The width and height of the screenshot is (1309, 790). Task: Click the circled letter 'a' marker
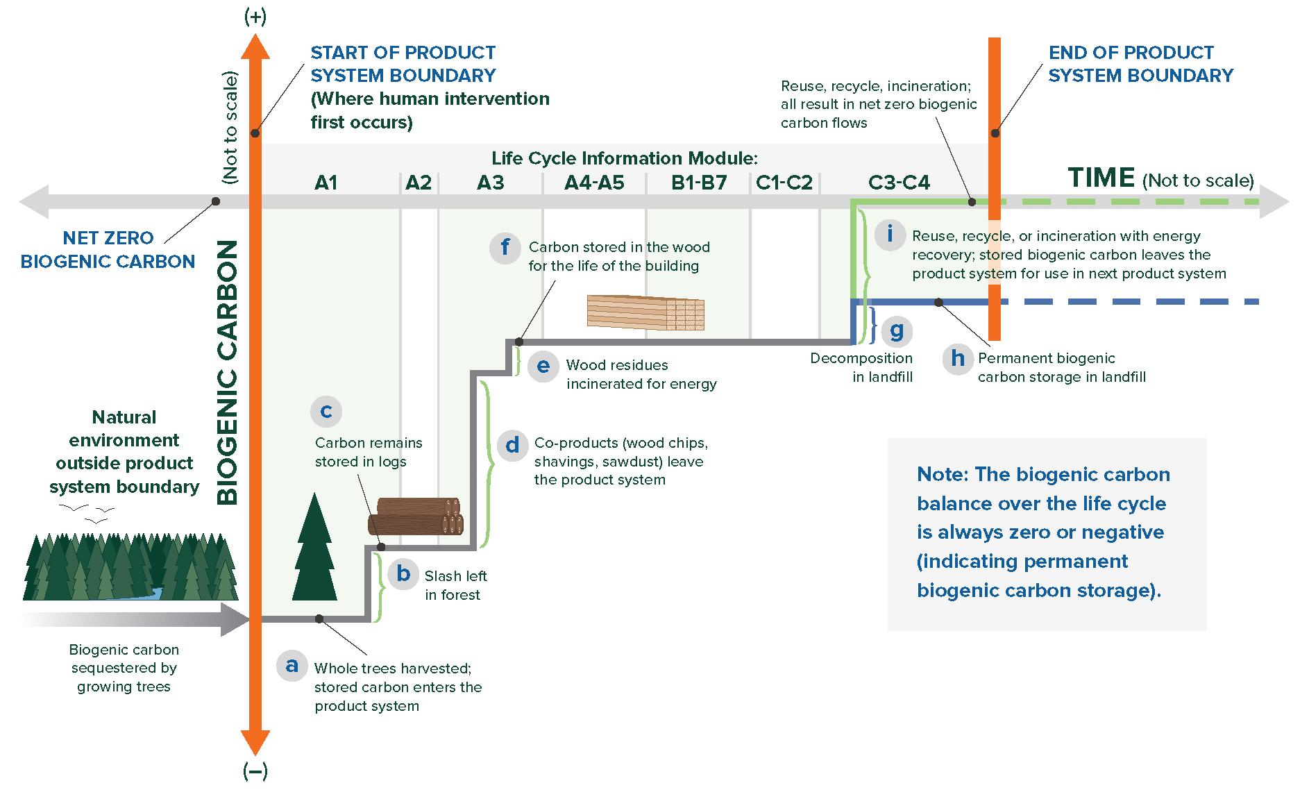[x=292, y=665]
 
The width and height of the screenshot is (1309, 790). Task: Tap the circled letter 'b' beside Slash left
[x=403, y=575]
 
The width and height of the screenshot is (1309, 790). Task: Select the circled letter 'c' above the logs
[x=326, y=411]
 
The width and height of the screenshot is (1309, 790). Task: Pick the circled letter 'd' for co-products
[x=512, y=445]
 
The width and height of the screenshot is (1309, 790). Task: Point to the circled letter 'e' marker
[x=543, y=366]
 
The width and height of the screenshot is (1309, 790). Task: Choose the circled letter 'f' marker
[x=505, y=247]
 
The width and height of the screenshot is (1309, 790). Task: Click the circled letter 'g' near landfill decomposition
[x=896, y=331]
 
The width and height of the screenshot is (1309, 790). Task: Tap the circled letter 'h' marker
[x=958, y=359]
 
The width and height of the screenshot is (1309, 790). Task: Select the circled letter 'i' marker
[x=889, y=234]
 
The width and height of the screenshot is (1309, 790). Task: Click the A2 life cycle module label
[x=419, y=183]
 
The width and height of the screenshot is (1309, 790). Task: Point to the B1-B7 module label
[x=699, y=183]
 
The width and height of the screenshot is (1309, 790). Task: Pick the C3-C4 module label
[x=899, y=183]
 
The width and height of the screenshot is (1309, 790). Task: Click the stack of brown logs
[x=416, y=516]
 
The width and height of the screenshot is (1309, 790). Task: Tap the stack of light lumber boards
[x=645, y=312]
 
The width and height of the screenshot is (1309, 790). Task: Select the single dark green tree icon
[x=314, y=548]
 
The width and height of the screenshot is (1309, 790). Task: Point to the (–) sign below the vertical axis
[x=255, y=771]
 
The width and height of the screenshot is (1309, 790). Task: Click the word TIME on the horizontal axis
[x=1101, y=178]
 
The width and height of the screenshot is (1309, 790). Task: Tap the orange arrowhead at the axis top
[x=255, y=47]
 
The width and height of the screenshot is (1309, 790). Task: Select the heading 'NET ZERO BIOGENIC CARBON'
[x=108, y=250]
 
